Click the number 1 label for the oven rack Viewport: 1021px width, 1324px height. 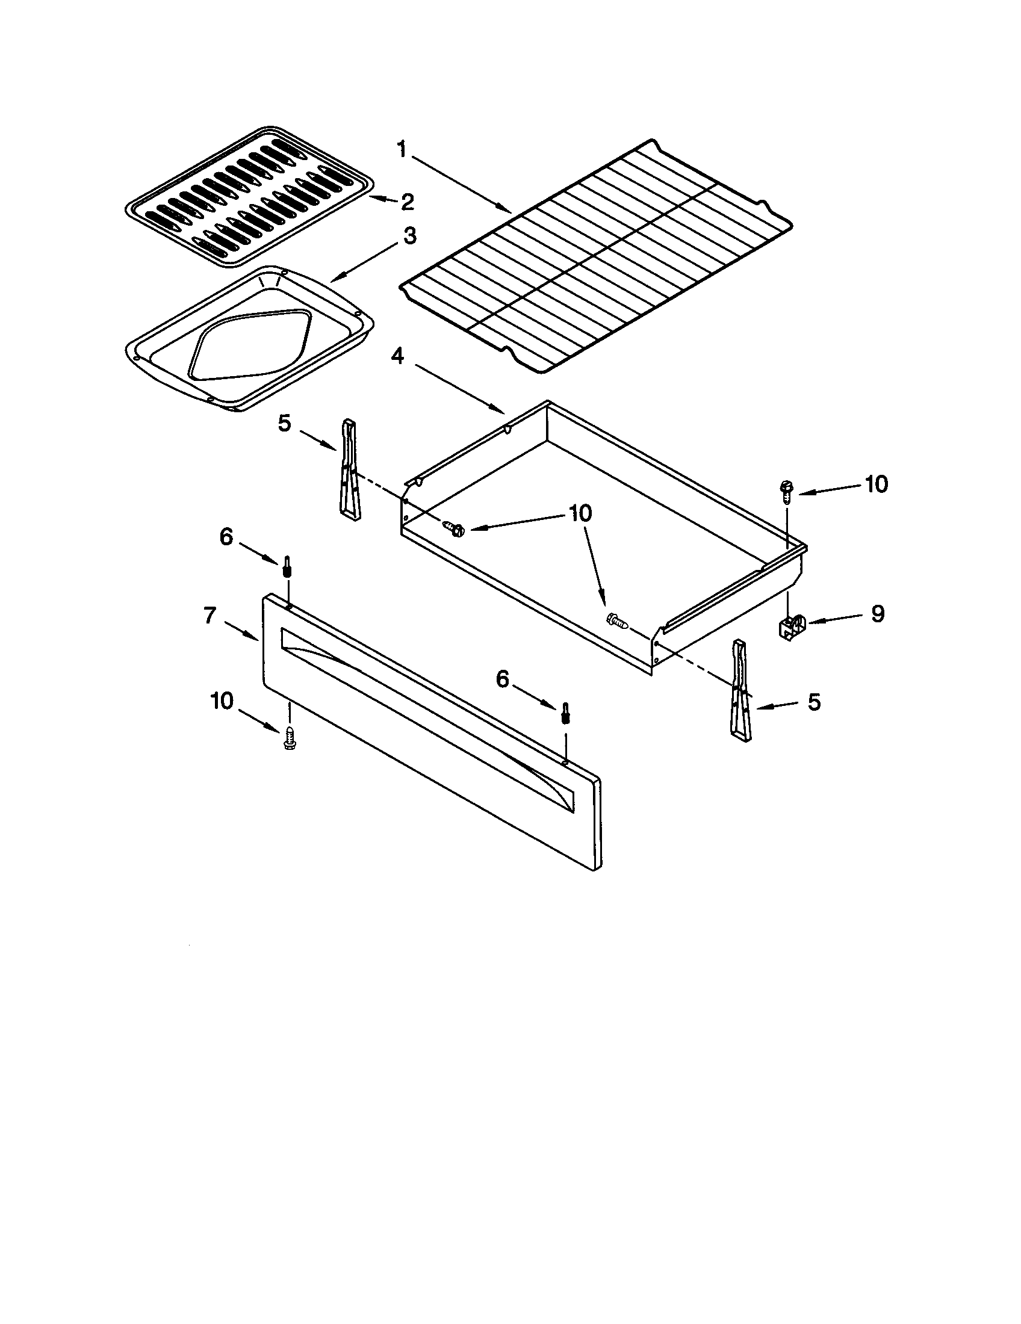click(x=402, y=149)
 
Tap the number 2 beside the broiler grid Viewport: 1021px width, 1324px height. click(x=407, y=202)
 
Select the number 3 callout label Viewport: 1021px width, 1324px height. click(x=410, y=236)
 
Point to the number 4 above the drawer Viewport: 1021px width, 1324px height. click(x=397, y=356)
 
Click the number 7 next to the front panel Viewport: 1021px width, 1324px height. click(x=209, y=615)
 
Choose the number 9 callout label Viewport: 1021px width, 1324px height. click(x=877, y=613)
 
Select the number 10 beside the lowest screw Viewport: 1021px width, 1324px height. click(x=222, y=701)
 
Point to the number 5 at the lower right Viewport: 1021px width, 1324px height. click(x=814, y=702)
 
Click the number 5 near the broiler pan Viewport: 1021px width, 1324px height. click(x=285, y=423)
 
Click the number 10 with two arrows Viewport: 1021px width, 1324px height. click(x=580, y=513)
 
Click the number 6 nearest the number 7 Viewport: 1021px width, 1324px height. click(x=226, y=536)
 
